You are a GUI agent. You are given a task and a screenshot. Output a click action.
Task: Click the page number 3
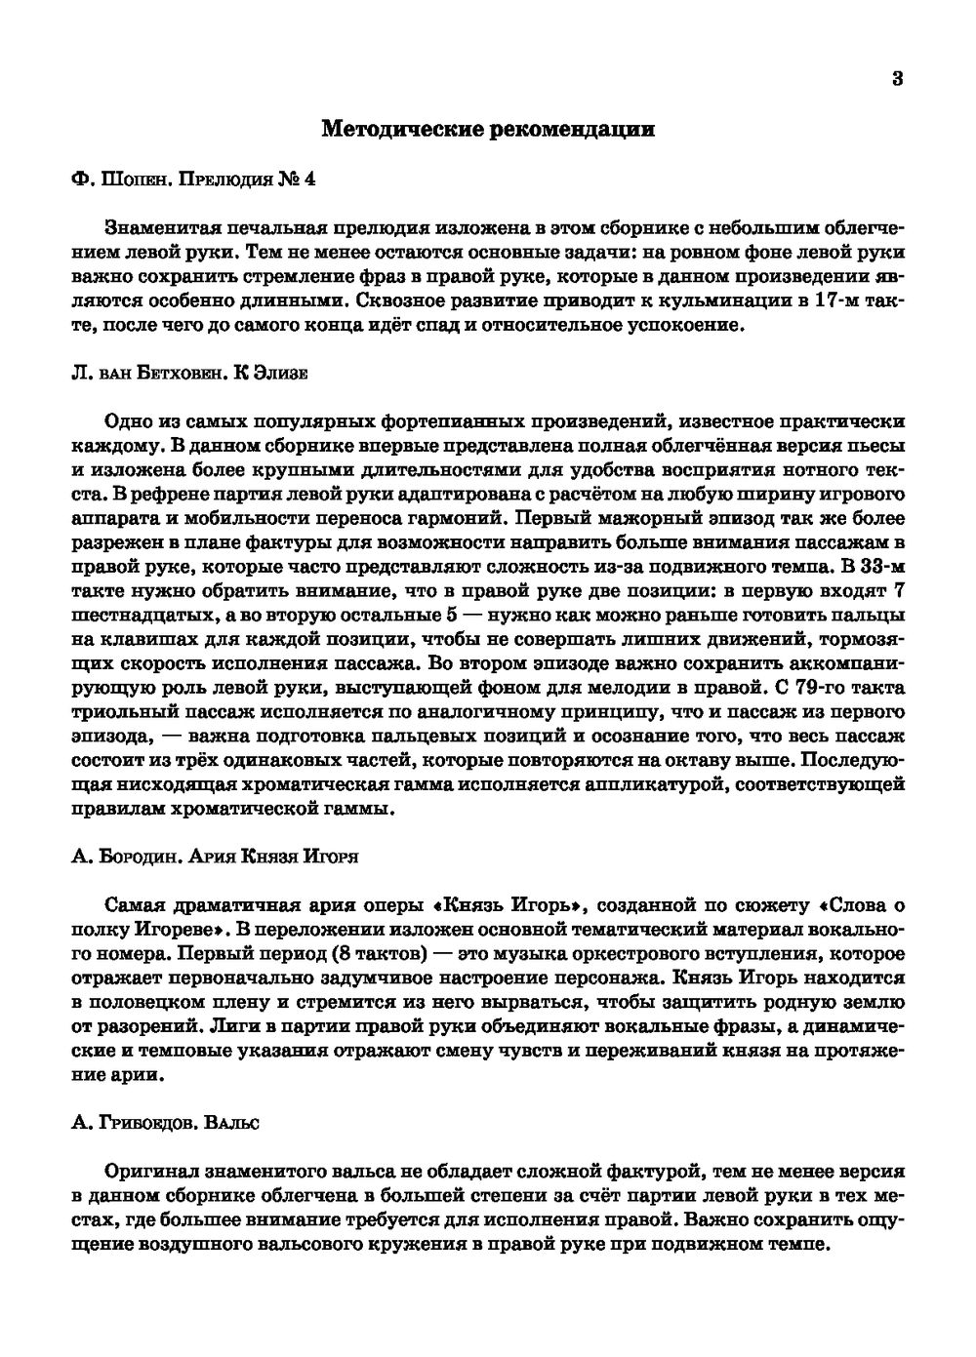[897, 79]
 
